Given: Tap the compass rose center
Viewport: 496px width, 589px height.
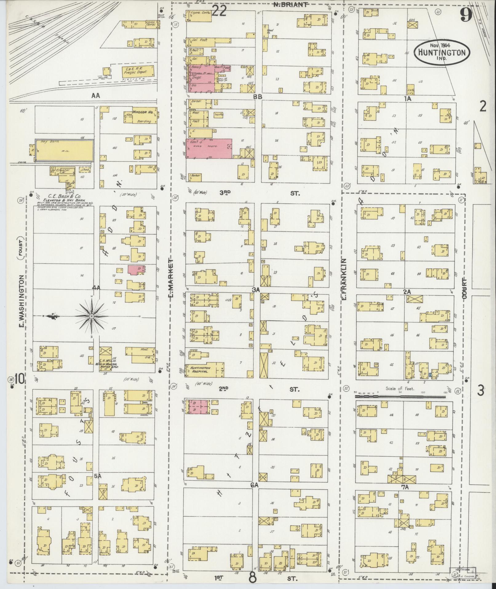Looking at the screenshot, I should point(92,316).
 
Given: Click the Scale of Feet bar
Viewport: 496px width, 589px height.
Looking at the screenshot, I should point(400,397).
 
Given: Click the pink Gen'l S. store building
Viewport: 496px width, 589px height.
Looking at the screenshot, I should point(209,148).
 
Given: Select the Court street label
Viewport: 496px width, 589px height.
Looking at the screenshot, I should point(464,288).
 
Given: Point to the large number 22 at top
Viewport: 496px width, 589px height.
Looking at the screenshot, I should point(219,11).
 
